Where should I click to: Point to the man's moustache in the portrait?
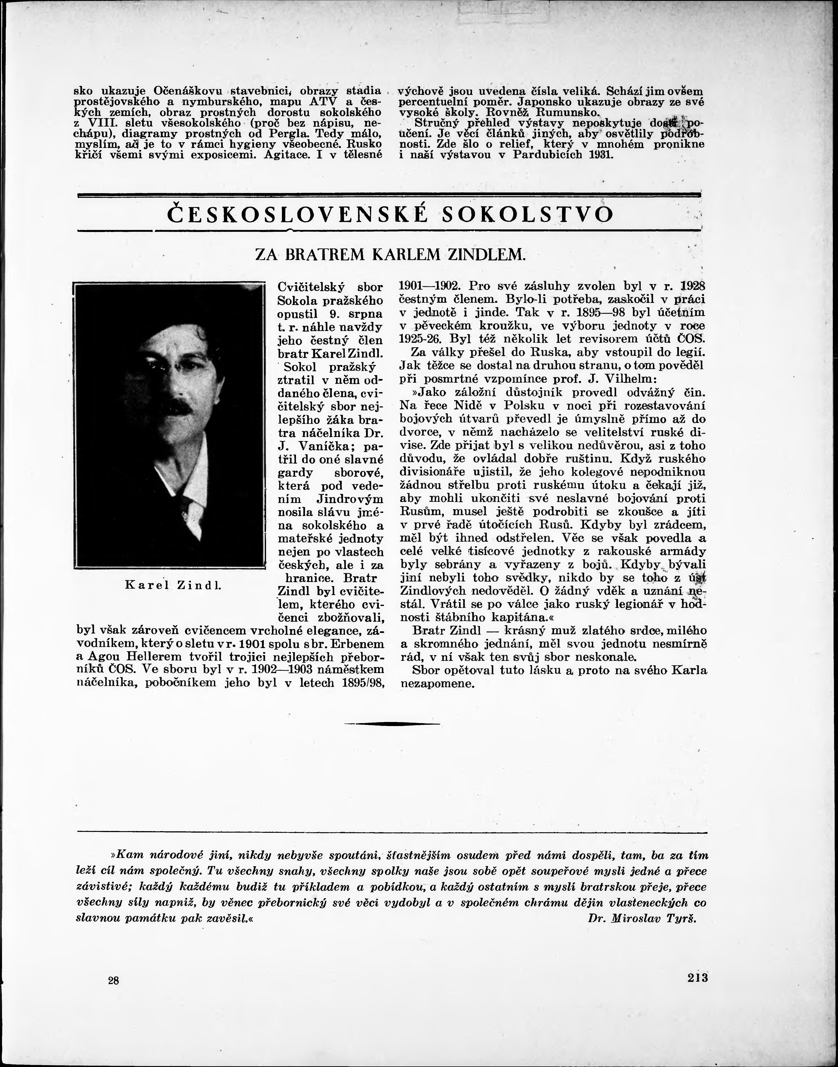[183, 406]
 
